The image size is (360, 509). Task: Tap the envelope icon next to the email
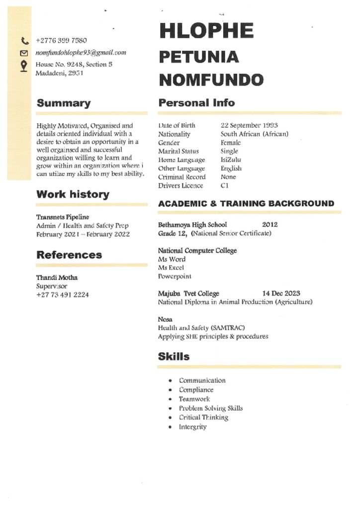[x=24, y=53]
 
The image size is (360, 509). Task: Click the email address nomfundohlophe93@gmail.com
[x=81, y=53]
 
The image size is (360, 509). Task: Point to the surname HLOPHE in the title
[x=206, y=31]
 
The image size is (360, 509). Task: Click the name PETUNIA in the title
[x=199, y=57]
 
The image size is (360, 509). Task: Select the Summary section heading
[x=64, y=103]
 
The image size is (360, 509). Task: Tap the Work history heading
[x=73, y=194]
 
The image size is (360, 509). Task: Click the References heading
[x=69, y=255]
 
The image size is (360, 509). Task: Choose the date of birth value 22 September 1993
[x=249, y=125]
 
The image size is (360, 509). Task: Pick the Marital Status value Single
[x=229, y=151]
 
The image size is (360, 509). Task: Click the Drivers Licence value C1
[x=225, y=186]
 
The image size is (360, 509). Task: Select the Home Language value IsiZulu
[x=231, y=160]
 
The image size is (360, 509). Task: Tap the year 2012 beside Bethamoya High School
[x=270, y=225]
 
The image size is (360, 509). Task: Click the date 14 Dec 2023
[x=281, y=293]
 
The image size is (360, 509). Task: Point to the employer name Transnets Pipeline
[x=63, y=217]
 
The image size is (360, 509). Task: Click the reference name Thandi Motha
[x=57, y=277]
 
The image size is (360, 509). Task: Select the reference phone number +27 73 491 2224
[x=63, y=295]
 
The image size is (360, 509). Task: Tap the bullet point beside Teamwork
[x=170, y=399]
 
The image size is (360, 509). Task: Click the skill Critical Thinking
[x=203, y=418]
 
